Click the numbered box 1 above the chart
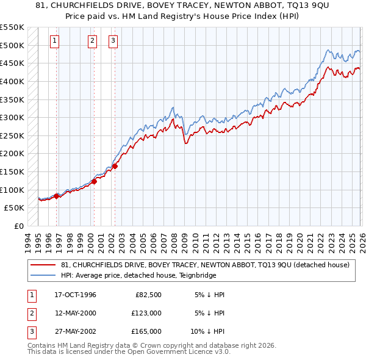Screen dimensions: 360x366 (x=55, y=41)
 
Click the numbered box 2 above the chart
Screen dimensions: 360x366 (x=92, y=41)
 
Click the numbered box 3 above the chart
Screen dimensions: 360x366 (x=113, y=41)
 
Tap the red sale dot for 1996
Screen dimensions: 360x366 (x=57, y=196)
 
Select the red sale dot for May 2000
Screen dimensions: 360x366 (x=95, y=181)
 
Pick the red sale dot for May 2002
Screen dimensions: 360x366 (x=115, y=166)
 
